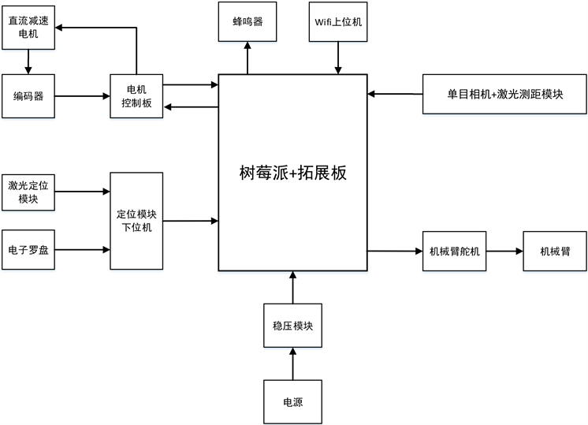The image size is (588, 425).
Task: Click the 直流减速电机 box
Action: click(28, 27)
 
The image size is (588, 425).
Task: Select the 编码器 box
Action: click(28, 96)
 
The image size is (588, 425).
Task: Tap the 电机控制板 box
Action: click(136, 96)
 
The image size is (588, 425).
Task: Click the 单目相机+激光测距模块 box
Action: click(504, 95)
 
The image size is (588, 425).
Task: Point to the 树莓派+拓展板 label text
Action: click(292, 172)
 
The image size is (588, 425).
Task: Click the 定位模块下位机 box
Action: click(136, 221)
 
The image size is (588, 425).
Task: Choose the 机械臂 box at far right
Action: click(554, 251)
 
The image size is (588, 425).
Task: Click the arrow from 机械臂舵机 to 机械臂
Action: click(504, 252)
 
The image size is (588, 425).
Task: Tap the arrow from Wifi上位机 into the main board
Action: click(339, 58)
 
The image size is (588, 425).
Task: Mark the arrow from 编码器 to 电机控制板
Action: click(83, 96)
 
